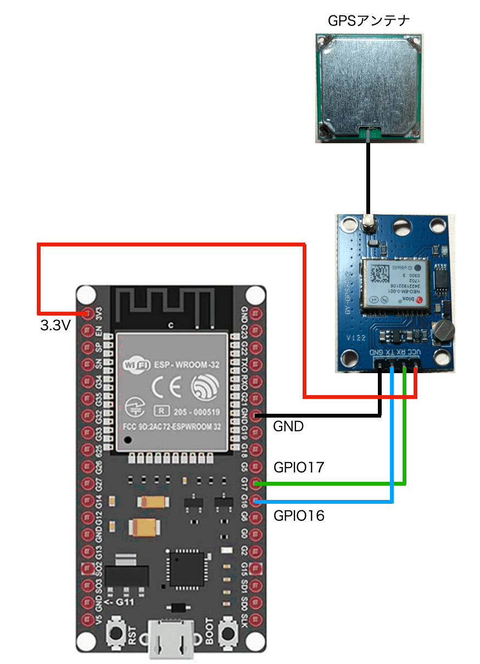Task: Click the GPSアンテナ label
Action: [369, 21]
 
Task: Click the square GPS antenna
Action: [369, 88]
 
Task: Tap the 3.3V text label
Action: [55, 326]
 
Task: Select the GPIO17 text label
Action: [299, 468]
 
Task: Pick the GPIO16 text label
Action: [299, 515]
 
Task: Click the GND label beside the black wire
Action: [288, 426]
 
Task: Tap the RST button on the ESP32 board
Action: [116, 633]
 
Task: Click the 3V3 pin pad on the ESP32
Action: [87, 313]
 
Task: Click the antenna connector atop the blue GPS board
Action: [368, 223]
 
